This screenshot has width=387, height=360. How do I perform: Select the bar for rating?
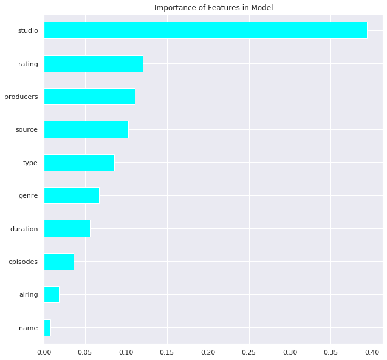point(94,63)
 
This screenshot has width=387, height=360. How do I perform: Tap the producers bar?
point(89,97)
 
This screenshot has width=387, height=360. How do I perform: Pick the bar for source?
point(86,129)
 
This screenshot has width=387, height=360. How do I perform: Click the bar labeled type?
point(79,163)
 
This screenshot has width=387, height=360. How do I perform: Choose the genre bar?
point(72,195)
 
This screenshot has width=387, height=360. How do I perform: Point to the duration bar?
point(67,229)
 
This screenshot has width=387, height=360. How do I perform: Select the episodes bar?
point(59,262)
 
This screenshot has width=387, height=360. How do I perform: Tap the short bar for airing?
point(52,294)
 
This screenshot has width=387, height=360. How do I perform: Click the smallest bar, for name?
point(47,328)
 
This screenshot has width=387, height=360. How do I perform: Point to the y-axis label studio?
point(28,30)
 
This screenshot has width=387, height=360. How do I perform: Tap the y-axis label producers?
point(21,97)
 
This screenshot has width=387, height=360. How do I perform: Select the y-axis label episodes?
point(23,262)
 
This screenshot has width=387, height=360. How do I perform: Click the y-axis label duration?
point(24,229)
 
